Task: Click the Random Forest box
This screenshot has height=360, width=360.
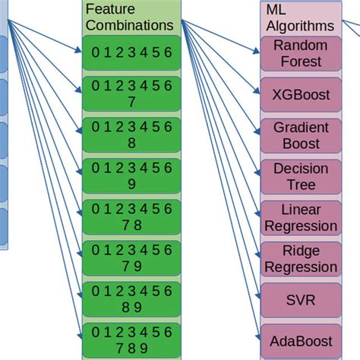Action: (301, 53)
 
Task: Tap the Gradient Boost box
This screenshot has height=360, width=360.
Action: (301, 135)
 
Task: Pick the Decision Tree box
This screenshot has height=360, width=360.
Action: (301, 176)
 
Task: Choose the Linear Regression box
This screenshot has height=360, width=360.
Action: (301, 217)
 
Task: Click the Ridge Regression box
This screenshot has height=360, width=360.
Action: (301, 258)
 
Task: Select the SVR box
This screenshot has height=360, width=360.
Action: (301, 299)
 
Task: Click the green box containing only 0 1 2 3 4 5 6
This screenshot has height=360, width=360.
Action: (132, 52)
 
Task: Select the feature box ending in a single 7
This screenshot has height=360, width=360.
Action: (132, 94)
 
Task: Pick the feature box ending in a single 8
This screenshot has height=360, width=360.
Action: (132, 135)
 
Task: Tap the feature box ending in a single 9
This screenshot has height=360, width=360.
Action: (132, 176)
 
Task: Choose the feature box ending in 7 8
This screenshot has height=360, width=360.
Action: (132, 217)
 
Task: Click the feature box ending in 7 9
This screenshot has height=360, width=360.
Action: (132, 258)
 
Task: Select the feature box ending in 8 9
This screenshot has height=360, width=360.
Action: (132, 299)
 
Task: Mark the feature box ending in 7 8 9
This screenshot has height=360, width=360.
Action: (132, 340)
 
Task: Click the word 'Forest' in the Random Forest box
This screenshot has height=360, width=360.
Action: (301, 62)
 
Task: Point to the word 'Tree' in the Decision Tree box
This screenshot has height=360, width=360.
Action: (301, 185)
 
